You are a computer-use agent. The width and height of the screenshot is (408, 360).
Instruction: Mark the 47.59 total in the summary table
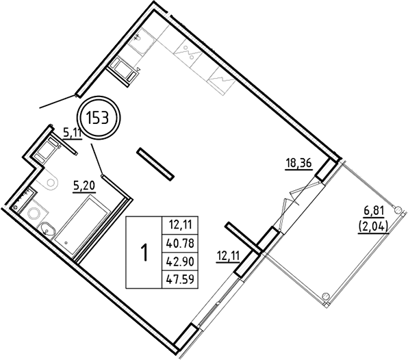coord(179,278)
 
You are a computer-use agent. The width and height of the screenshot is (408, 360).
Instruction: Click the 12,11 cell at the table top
coord(179,222)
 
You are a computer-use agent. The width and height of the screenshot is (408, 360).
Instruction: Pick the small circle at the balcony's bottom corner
coord(326,296)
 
